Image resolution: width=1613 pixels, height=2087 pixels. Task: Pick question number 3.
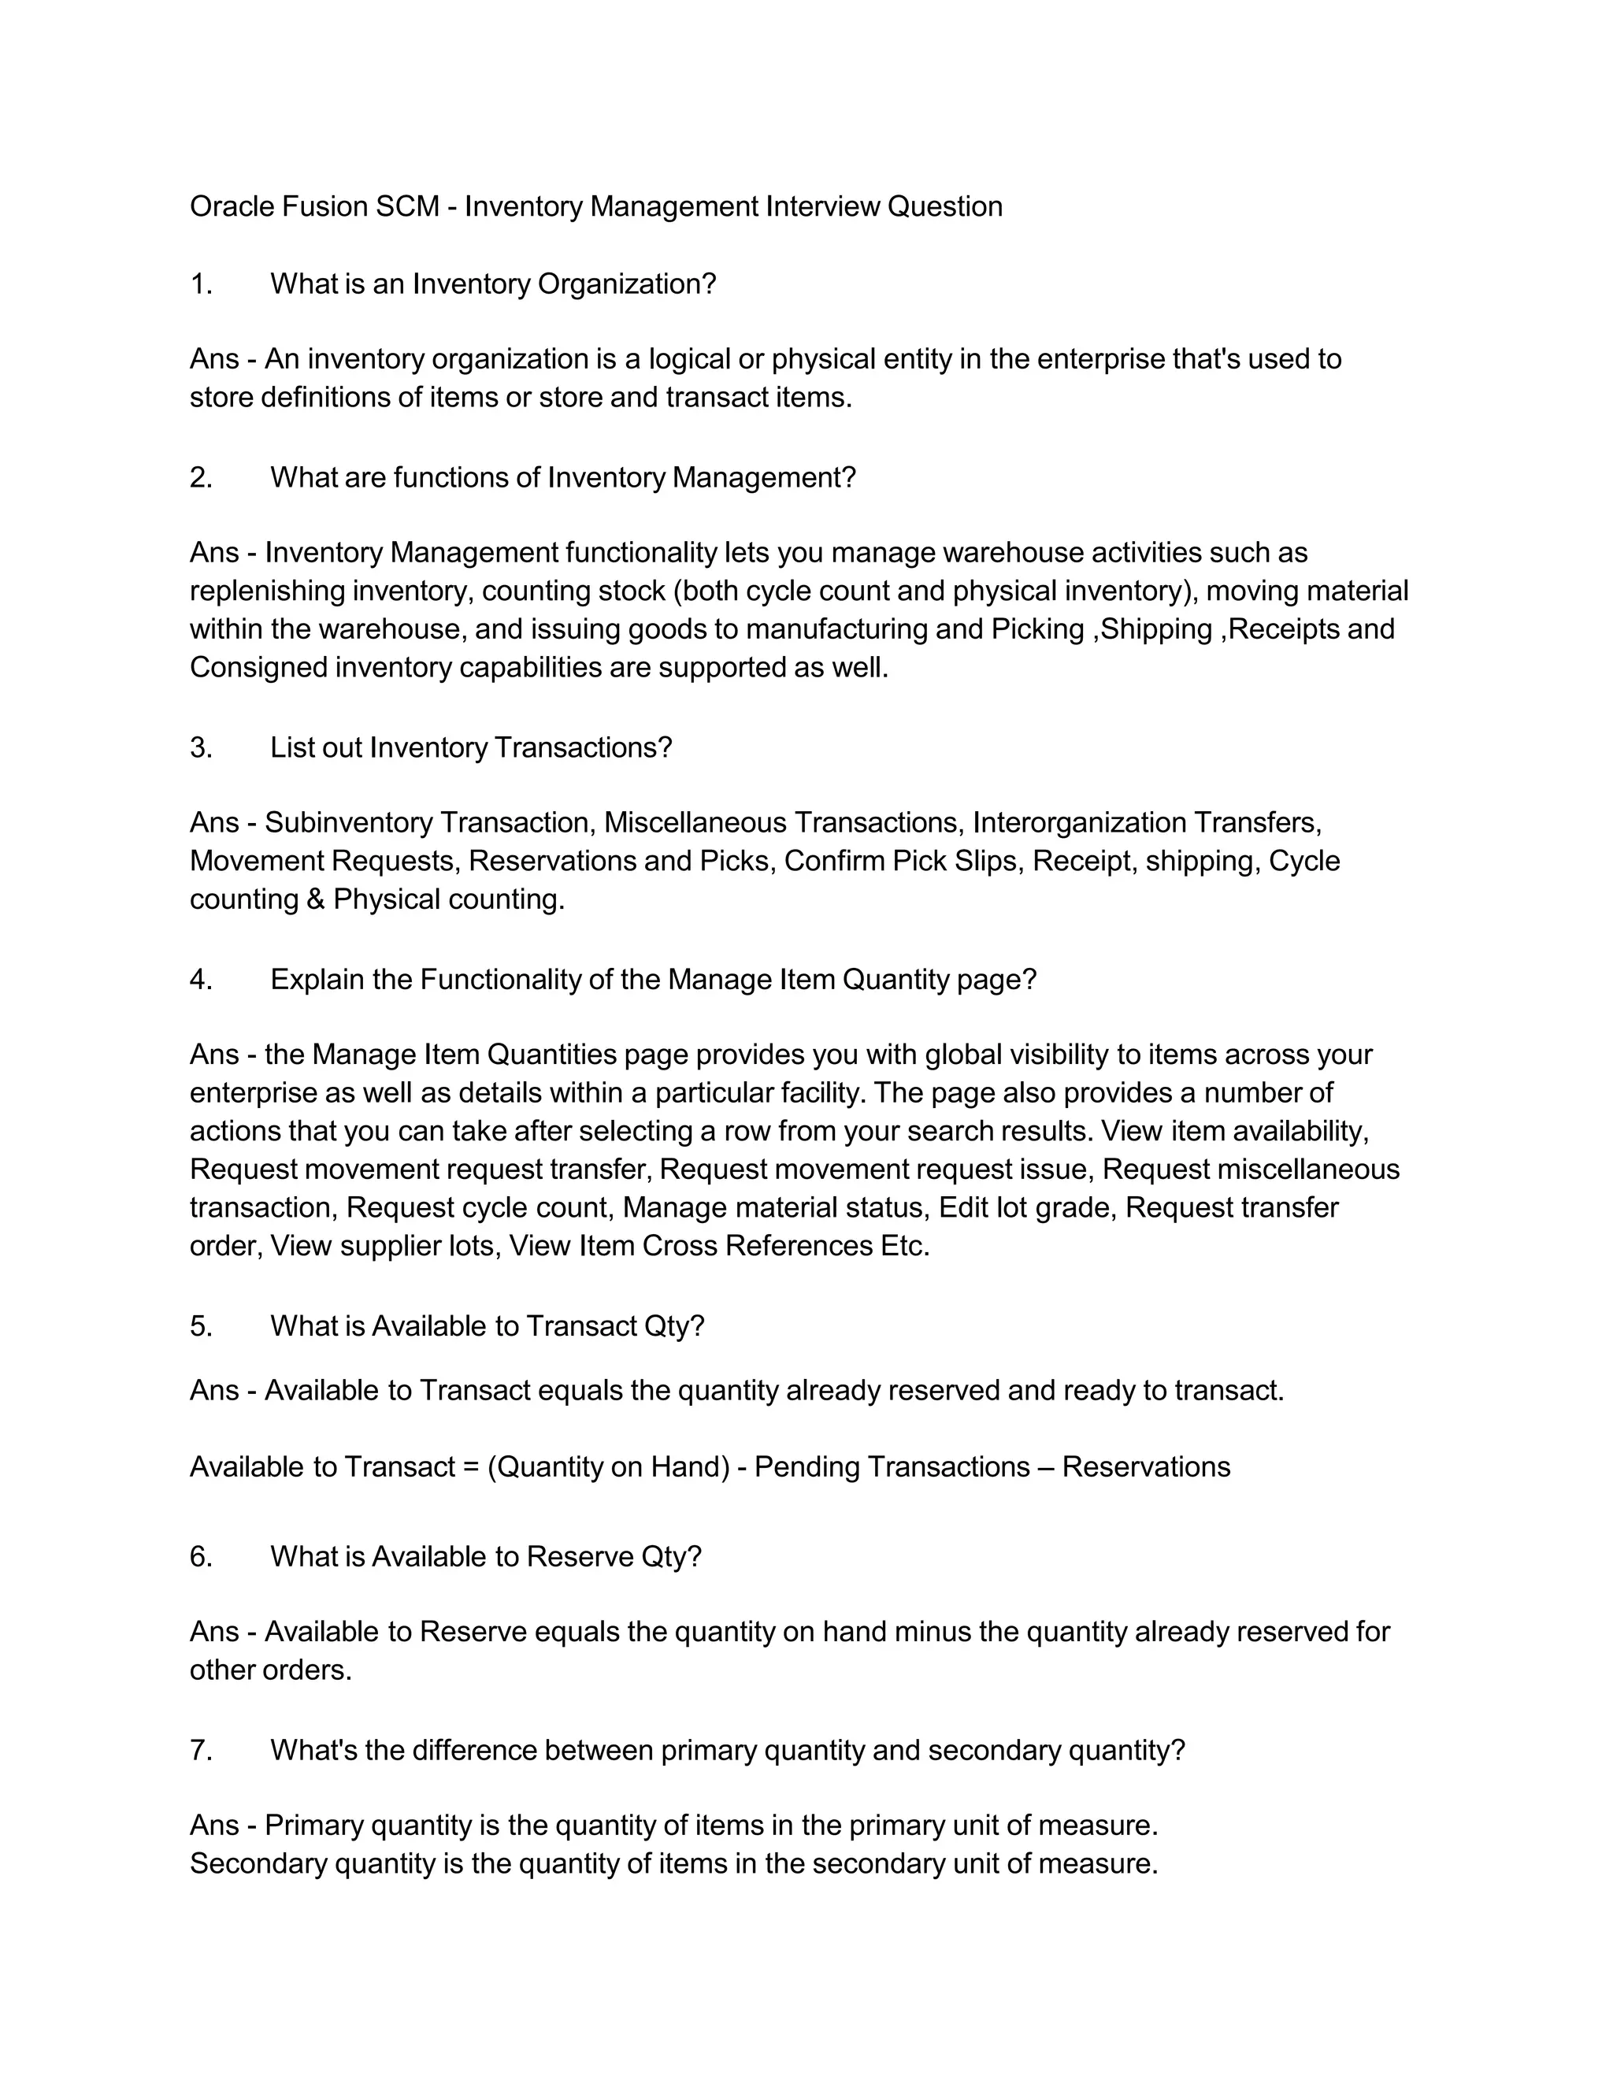point(201,747)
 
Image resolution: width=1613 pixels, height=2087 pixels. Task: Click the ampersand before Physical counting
point(317,899)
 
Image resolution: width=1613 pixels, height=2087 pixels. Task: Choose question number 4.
point(201,980)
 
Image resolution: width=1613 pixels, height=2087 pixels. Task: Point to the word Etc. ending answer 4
point(905,1246)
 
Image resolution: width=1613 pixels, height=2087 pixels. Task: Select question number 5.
point(201,1326)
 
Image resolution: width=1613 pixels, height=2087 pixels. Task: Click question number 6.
point(201,1557)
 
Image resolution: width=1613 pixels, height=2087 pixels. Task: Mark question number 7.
point(201,1751)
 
